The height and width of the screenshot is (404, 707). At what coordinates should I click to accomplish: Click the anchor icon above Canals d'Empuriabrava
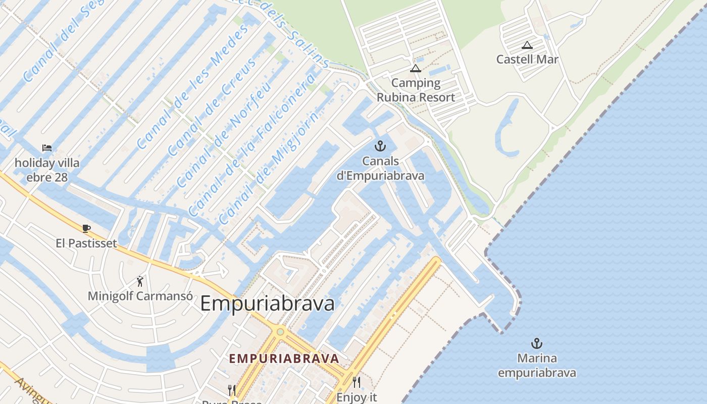(380, 146)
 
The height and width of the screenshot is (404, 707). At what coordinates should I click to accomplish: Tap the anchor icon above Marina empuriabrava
(536, 344)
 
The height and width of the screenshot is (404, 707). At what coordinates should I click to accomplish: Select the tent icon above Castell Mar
(527, 45)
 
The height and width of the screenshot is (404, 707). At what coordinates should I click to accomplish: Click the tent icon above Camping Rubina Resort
(416, 69)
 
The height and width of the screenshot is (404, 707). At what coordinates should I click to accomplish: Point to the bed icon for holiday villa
(47, 148)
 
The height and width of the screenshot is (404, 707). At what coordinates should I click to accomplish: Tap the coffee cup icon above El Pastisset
(86, 228)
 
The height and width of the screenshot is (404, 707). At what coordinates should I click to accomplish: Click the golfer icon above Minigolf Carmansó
(140, 281)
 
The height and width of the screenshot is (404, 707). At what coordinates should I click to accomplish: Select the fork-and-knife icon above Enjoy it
(357, 382)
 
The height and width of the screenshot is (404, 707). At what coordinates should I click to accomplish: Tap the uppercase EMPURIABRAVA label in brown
(284, 359)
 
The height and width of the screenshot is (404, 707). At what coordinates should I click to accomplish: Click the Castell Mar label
(527, 59)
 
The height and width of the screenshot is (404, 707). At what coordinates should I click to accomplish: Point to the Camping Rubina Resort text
(416, 90)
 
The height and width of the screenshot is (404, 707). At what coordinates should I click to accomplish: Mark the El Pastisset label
(86, 243)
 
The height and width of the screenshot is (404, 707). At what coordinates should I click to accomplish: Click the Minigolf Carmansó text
(140, 295)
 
